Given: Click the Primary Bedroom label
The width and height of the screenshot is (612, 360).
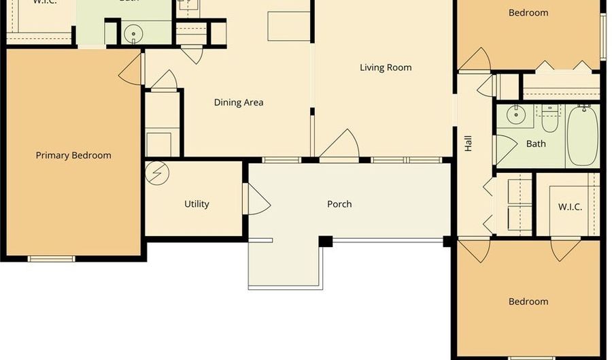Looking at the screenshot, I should (x=73, y=155).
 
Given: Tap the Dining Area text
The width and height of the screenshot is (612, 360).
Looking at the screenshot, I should (x=239, y=103).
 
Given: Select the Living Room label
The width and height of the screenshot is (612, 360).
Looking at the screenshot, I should (x=386, y=67).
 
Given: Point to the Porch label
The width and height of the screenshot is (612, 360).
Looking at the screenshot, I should (x=339, y=204).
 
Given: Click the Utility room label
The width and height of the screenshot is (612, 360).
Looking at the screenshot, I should (x=197, y=204).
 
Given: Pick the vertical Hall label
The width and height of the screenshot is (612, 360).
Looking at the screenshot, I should (x=468, y=143).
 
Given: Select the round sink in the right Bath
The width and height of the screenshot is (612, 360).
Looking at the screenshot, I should (x=518, y=114).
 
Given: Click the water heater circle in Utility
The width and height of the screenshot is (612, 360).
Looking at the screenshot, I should (x=157, y=173).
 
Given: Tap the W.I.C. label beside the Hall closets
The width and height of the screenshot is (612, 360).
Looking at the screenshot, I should (x=570, y=207).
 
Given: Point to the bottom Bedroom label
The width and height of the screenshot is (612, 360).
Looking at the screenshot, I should (x=528, y=301).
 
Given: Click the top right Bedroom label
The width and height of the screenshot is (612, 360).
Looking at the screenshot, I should (x=528, y=12).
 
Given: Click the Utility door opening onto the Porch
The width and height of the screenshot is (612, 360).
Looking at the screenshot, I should (x=257, y=202).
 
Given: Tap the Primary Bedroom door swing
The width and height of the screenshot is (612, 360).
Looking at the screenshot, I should (x=131, y=70).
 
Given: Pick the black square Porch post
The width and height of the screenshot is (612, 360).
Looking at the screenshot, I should (x=326, y=241).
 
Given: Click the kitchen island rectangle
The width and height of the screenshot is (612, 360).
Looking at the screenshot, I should (x=289, y=26).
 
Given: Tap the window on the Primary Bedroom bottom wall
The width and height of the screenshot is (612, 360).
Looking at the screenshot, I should (x=51, y=259).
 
